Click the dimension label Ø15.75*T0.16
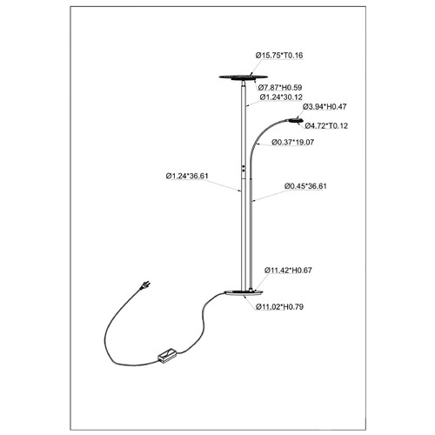click(279, 56)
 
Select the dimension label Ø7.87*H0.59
click(280, 87)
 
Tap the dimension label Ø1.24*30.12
click(281, 97)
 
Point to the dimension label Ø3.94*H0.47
click(325, 107)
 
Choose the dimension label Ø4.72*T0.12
click(326, 126)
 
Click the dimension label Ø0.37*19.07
click(292, 143)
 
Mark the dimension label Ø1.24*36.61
click(187, 176)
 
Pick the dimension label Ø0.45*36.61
click(305, 186)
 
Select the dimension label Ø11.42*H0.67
click(288, 271)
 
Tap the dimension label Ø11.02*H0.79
click(279, 307)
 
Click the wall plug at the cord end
click(144, 284)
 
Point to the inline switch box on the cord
click(167, 356)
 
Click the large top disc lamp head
click(243, 77)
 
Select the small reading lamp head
click(296, 120)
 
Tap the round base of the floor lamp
click(244, 293)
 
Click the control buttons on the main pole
click(244, 169)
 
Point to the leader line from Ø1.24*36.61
click(220, 185)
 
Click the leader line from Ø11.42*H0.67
click(260, 282)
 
